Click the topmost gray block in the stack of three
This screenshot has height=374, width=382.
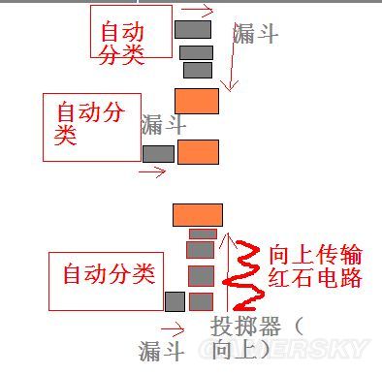click(x=192, y=29)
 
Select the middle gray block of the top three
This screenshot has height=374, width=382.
click(x=196, y=52)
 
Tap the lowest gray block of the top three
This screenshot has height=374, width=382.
click(x=198, y=70)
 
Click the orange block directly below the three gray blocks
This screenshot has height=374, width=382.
click(x=196, y=100)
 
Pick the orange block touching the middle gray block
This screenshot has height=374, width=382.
click(x=198, y=151)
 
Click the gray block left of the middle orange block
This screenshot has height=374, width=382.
click(x=158, y=153)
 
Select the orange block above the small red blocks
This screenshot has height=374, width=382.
click(x=198, y=214)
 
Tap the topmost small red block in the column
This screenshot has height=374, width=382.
click(x=202, y=234)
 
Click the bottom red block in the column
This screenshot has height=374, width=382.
click(x=200, y=300)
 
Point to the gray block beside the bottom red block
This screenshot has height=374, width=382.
click(x=175, y=300)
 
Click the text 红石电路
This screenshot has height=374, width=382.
click(x=314, y=278)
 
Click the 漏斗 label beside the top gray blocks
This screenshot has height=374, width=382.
click(x=256, y=35)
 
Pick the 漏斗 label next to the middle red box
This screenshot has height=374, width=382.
click(x=164, y=124)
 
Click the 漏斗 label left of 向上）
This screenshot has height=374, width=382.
click(x=162, y=349)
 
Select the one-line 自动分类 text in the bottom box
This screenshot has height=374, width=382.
click(x=109, y=274)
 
